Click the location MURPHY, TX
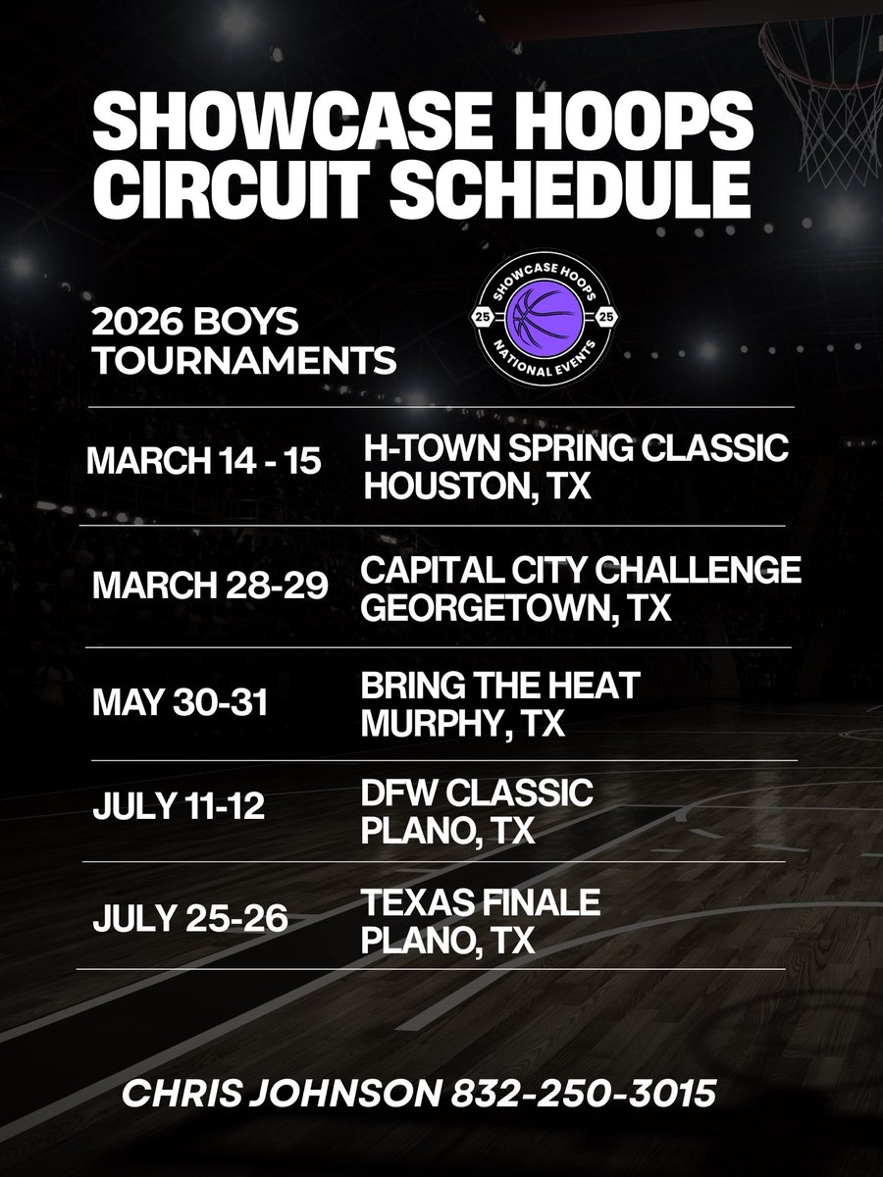click(x=463, y=725)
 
